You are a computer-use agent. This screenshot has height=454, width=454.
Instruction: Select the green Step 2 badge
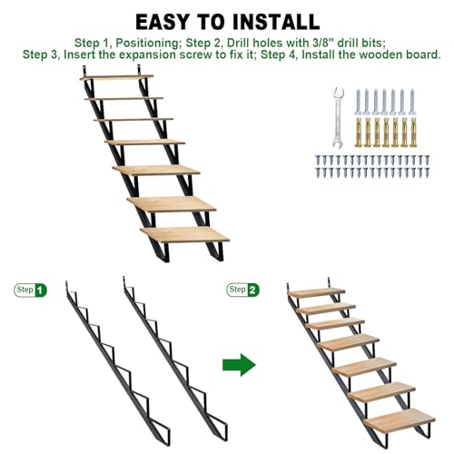(242, 290)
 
